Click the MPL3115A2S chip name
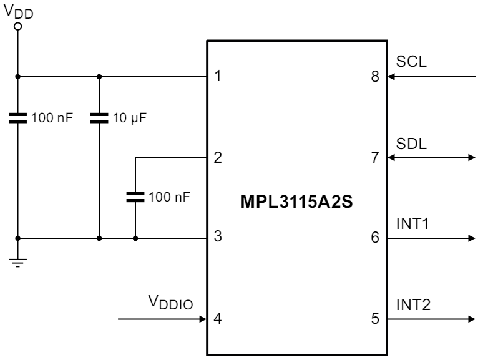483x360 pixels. [x=296, y=204]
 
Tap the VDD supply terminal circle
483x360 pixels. [x=18, y=27]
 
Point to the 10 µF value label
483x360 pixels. [x=127, y=118]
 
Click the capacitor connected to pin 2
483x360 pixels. [x=135, y=197]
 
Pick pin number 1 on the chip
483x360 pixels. [x=218, y=77]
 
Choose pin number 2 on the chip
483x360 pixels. [x=218, y=158]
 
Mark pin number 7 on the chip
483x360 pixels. [x=374, y=158]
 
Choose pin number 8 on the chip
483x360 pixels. [x=374, y=77]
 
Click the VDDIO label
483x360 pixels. [x=170, y=304]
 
